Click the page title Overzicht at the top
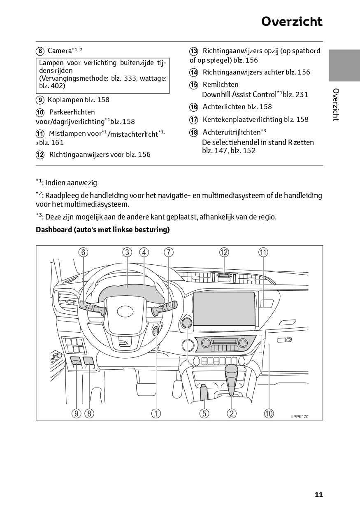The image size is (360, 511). (x=292, y=21)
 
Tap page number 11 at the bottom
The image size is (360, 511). (x=319, y=495)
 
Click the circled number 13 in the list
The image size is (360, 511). (x=194, y=51)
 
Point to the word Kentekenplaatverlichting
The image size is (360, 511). (x=242, y=119)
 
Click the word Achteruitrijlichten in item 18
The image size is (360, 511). (x=231, y=132)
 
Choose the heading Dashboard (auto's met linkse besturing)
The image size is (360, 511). (x=103, y=230)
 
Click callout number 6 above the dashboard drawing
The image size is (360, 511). (x=83, y=252)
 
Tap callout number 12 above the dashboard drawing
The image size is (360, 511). (x=224, y=252)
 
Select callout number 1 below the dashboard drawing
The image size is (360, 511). (x=156, y=413)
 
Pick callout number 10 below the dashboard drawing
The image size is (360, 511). (x=269, y=413)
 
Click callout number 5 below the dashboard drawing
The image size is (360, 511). (x=204, y=413)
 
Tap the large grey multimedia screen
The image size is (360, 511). (x=224, y=308)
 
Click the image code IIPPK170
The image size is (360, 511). (x=300, y=417)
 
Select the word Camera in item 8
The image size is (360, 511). (x=60, y=51)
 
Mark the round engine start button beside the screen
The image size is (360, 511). (x=186, y=323)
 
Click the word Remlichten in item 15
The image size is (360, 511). (x=220, y=85)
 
